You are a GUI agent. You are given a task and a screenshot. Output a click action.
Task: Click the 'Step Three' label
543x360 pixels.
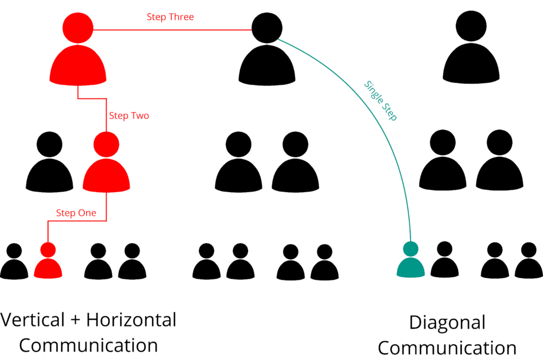point(170,17)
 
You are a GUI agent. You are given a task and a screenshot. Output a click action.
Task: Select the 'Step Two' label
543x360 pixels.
point(129,116)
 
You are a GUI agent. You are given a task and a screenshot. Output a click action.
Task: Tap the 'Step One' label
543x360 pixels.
point(76,213)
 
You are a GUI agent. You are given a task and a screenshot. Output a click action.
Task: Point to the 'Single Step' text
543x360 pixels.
point(381,101)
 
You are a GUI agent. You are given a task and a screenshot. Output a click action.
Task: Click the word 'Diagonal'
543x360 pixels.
point(447,323)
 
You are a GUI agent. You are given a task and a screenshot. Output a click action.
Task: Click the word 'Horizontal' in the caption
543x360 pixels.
point(131,320)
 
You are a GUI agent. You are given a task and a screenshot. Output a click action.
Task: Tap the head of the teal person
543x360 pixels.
point(410,249)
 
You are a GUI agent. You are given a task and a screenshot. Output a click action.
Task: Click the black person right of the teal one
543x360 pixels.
point(444,260)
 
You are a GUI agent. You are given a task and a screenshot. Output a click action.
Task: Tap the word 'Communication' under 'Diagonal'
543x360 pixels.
point(447,348)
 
